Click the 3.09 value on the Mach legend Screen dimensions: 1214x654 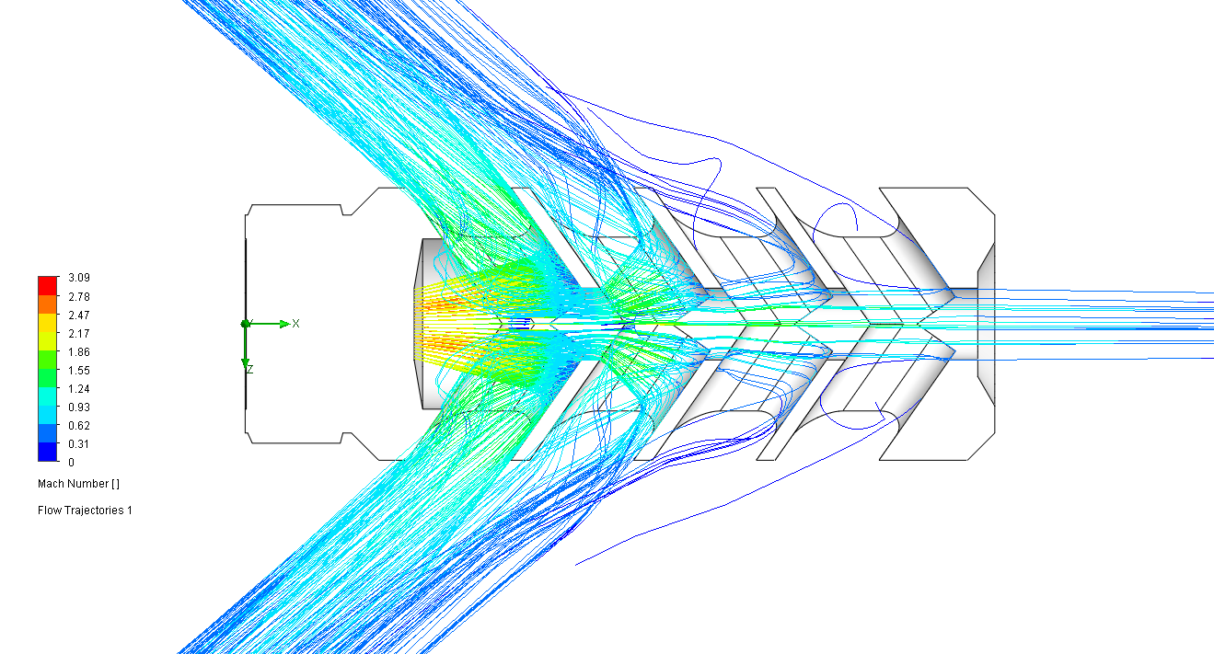pyautogui.click(x=79, y=278)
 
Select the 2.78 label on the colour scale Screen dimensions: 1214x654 pyautogui.click(x=79, y=297)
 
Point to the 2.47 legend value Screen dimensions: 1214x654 pyautogui.click(x=79, y=316)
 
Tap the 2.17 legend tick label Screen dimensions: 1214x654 pyautogui.click(x=79, y=334)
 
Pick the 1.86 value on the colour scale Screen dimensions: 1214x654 pyautogui.click(x=79, y=352)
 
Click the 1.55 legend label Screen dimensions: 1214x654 pyautogui.click(x=79, y=371)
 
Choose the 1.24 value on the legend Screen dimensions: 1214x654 pyautogui.click(x=79, y=389)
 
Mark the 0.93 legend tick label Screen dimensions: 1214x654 pyautogui.click(x=79, y=407)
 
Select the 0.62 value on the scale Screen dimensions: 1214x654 pyautogui.click(x=79, y=426)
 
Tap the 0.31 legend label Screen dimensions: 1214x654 pyautogui.click(x=79, y=444)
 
